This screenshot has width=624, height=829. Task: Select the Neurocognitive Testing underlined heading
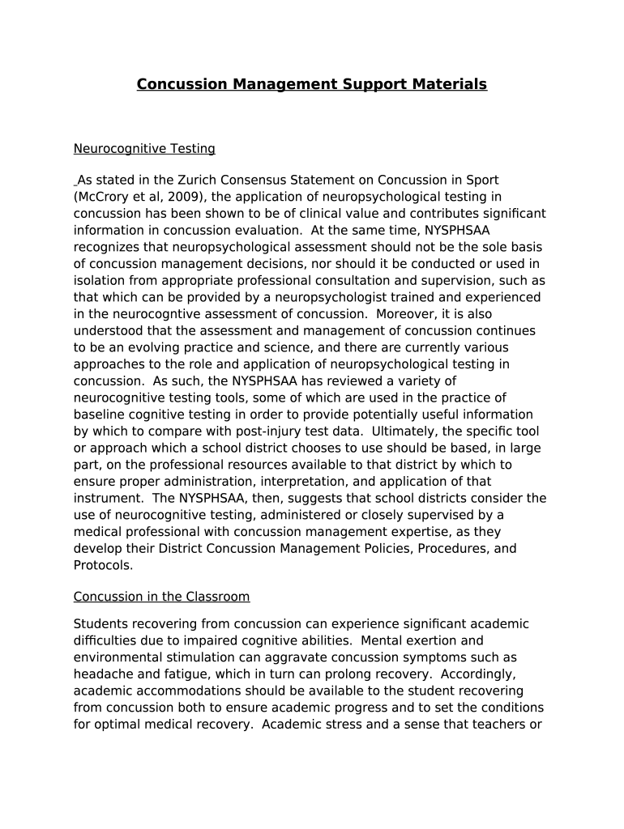coord(144,149)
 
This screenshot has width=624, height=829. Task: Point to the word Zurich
coord(200,180)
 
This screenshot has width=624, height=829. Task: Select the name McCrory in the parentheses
coord(102,197)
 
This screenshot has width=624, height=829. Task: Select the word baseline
coord(98,414)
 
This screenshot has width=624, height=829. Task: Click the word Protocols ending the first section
coord(101,566)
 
